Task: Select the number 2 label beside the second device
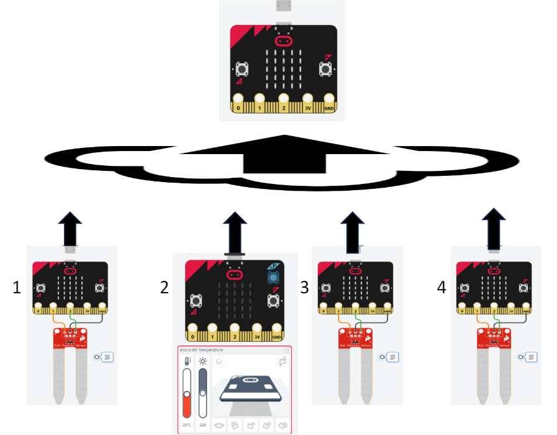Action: (x=164, y=287)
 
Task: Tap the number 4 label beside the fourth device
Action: (x=442, y=287)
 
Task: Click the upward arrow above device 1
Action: (x=70, y=228)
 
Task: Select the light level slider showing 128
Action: (x=202, y=391)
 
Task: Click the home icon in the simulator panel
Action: (x=219, y=361)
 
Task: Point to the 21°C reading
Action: (x=187, y=425)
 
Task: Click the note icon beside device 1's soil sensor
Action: (x=107, y=357)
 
